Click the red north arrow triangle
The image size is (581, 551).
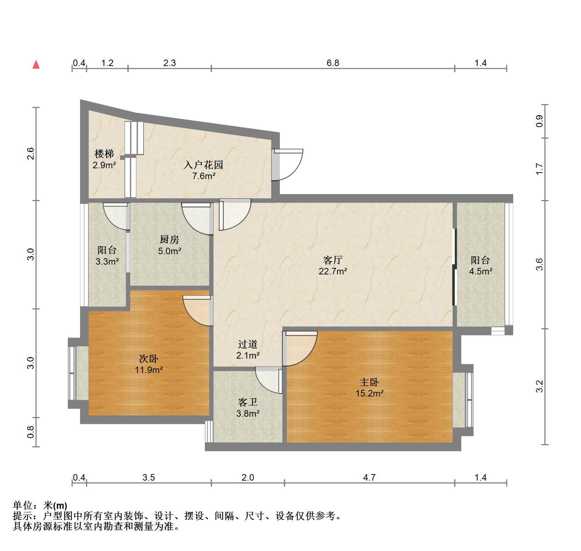pos(36,65)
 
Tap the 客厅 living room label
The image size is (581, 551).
pos(333,260)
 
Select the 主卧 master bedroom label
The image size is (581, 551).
pos(369,382)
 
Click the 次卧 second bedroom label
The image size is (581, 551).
pos(149,359)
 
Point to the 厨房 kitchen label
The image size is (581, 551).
pos(169,239)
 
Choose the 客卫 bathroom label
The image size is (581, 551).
pos(247,402)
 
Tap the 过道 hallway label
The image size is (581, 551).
pos(248,344)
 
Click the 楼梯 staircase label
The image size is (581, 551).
pos(104,154)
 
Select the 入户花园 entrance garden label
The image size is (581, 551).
pos(203,165)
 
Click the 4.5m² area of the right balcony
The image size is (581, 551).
pos(481,271)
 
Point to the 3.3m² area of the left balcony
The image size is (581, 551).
pos(107,261)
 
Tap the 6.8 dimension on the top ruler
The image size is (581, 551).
pos(333,63)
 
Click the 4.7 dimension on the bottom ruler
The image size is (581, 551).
pos(369,478)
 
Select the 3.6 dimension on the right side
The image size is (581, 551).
pos(539,264)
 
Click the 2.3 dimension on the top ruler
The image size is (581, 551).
pos(170,63)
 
